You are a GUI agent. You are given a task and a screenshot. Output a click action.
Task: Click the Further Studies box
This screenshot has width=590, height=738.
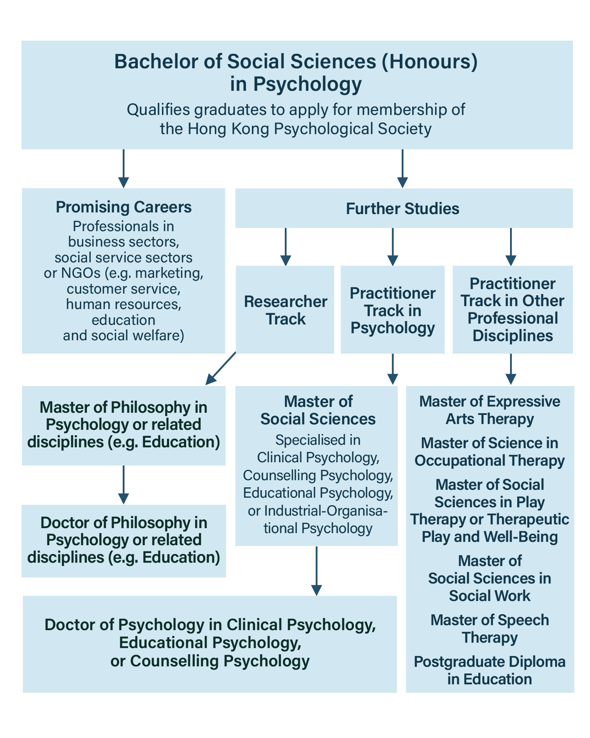tap(404, 208)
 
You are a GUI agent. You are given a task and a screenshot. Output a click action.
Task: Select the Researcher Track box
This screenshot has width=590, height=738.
tap(285, 309)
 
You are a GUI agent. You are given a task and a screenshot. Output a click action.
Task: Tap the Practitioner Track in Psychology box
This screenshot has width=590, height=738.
tap(393, 309)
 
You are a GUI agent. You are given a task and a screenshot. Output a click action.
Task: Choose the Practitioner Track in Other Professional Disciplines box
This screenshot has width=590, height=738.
tap(513, 309)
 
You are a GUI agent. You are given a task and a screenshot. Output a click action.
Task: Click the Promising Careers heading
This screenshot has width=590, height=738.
tap(124, 207)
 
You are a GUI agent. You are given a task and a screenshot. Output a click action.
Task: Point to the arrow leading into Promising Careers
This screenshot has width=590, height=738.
tap(123, 168)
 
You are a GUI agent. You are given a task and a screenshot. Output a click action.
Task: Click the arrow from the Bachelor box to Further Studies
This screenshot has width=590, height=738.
tap(402, 168)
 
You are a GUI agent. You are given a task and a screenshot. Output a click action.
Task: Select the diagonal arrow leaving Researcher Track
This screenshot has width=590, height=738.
tap(221, 368)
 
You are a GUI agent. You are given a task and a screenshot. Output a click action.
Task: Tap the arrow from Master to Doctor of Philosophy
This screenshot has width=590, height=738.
tap(123, 484)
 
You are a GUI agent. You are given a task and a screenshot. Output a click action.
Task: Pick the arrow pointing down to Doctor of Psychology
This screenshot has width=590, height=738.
tap(316, 571)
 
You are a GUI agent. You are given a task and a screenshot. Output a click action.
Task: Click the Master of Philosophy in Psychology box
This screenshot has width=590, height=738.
tap(124, 425)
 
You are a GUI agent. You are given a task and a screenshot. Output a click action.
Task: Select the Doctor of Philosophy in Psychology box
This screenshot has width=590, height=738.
tap(124, 541)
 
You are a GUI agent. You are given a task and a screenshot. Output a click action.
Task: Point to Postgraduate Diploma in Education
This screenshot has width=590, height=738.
tap(490, 671)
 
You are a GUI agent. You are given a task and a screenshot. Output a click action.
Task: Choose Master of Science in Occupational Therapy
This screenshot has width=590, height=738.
tap(490, 452)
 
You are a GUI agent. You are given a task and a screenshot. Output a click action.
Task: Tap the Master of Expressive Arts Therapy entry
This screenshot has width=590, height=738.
tap(490, 410)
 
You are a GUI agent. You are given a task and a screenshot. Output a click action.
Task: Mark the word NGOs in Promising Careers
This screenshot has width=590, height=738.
tap(81, 273)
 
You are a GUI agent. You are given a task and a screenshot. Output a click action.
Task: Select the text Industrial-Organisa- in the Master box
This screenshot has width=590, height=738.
tap(318, 511)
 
